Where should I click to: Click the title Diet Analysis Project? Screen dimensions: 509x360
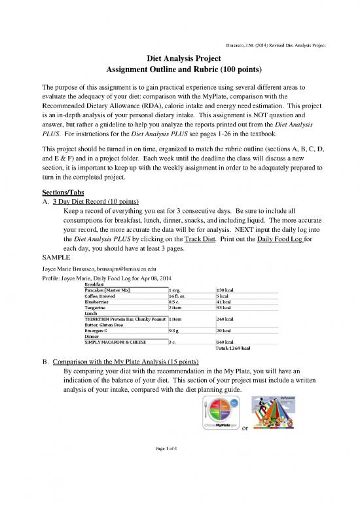pyautogui.click(x=180, y=58)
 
